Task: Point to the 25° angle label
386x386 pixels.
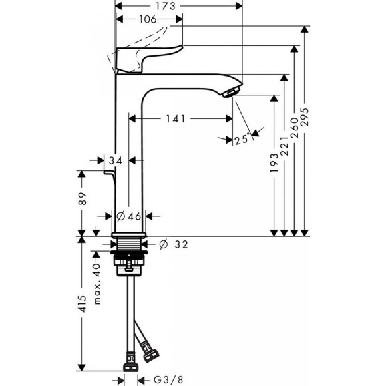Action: click(243, 139)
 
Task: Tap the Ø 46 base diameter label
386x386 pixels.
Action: click(130, 216)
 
